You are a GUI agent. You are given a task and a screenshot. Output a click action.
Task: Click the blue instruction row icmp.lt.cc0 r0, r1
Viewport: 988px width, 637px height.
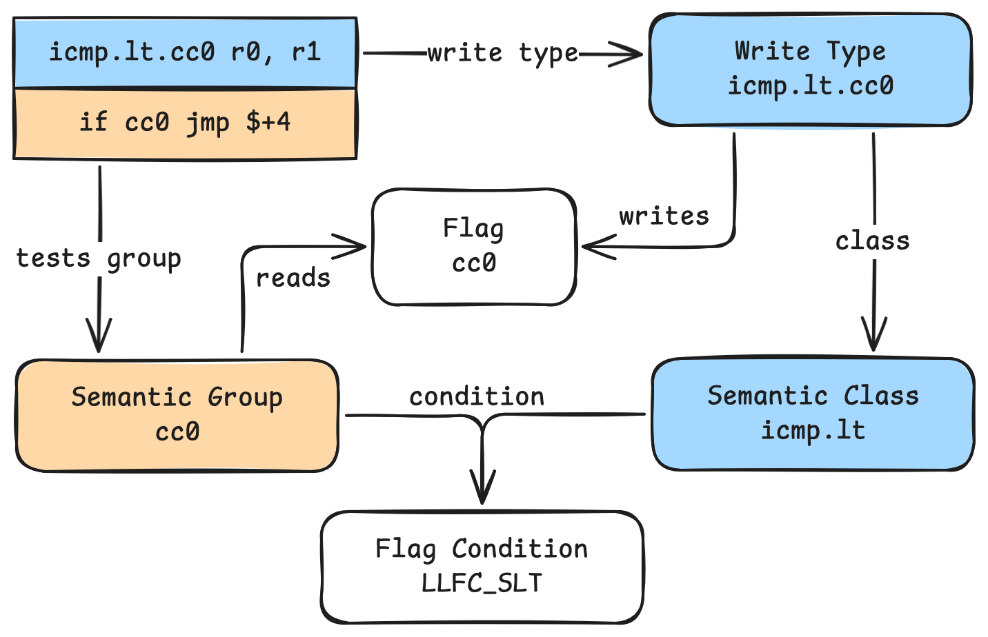[185, 53]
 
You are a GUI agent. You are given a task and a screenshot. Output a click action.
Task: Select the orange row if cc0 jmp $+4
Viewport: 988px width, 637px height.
[185, 123]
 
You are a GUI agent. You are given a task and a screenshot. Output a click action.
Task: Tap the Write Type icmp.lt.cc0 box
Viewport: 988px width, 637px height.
[810, 70]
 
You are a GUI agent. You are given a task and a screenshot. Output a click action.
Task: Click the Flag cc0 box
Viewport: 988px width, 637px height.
[474, 246]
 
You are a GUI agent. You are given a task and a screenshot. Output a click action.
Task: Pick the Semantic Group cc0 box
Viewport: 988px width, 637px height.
[177, 415]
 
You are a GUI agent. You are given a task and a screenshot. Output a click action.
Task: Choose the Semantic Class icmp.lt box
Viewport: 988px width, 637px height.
[813, 414]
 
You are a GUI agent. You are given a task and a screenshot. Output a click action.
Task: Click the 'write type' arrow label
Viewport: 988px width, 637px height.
[503, 53]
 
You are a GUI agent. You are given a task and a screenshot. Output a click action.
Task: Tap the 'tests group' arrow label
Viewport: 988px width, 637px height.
[99, 259]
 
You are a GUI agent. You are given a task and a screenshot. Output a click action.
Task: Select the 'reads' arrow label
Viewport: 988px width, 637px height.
[293, 278]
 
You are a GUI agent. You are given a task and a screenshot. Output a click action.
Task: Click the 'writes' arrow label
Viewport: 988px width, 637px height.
[664, 216]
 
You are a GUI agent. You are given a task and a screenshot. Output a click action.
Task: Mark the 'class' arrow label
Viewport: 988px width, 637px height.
[873, 241]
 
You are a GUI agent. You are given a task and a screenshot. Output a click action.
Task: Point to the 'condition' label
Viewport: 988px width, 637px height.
[477, 397]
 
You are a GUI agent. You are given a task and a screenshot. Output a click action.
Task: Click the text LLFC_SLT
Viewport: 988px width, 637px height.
[482, 584]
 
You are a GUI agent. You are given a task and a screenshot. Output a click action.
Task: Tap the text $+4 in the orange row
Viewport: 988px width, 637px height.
[268, 123]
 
